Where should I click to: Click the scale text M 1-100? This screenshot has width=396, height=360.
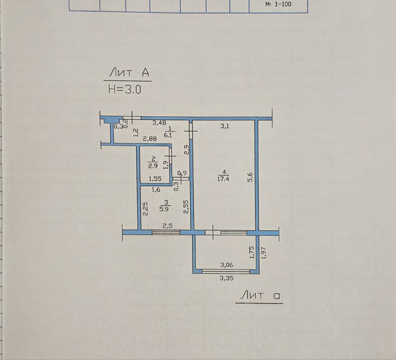click(278, 4)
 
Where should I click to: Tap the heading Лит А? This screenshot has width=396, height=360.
click(129, 73)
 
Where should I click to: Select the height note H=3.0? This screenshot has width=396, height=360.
click(125, 89)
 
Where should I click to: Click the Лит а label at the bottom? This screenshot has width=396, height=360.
click(260, 295)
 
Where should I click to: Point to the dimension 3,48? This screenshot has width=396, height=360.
click(159, 123)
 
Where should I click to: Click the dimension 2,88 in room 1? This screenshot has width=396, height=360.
click(150, 138)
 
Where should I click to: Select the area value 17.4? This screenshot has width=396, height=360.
click(223, 179)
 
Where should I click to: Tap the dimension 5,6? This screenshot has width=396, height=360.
click(250, 177)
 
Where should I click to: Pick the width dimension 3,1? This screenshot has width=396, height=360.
click(224, 126)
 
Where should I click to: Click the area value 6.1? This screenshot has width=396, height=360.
click(168, 135)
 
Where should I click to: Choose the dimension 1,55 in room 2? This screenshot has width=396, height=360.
click(155, 179)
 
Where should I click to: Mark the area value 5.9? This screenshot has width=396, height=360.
click(164, 209)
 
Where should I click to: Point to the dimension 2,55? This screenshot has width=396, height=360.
click(186, 207)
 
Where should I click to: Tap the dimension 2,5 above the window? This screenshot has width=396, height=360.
click(167, 226)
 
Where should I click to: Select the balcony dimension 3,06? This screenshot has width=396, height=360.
click(227, 265)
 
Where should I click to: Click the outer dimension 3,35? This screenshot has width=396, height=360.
click(226, 278)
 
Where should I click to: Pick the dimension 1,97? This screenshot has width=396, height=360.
click(264, 253)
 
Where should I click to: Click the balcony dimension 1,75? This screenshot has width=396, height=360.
click(251, 252)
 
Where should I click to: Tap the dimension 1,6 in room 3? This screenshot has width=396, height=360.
click(156, 190)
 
